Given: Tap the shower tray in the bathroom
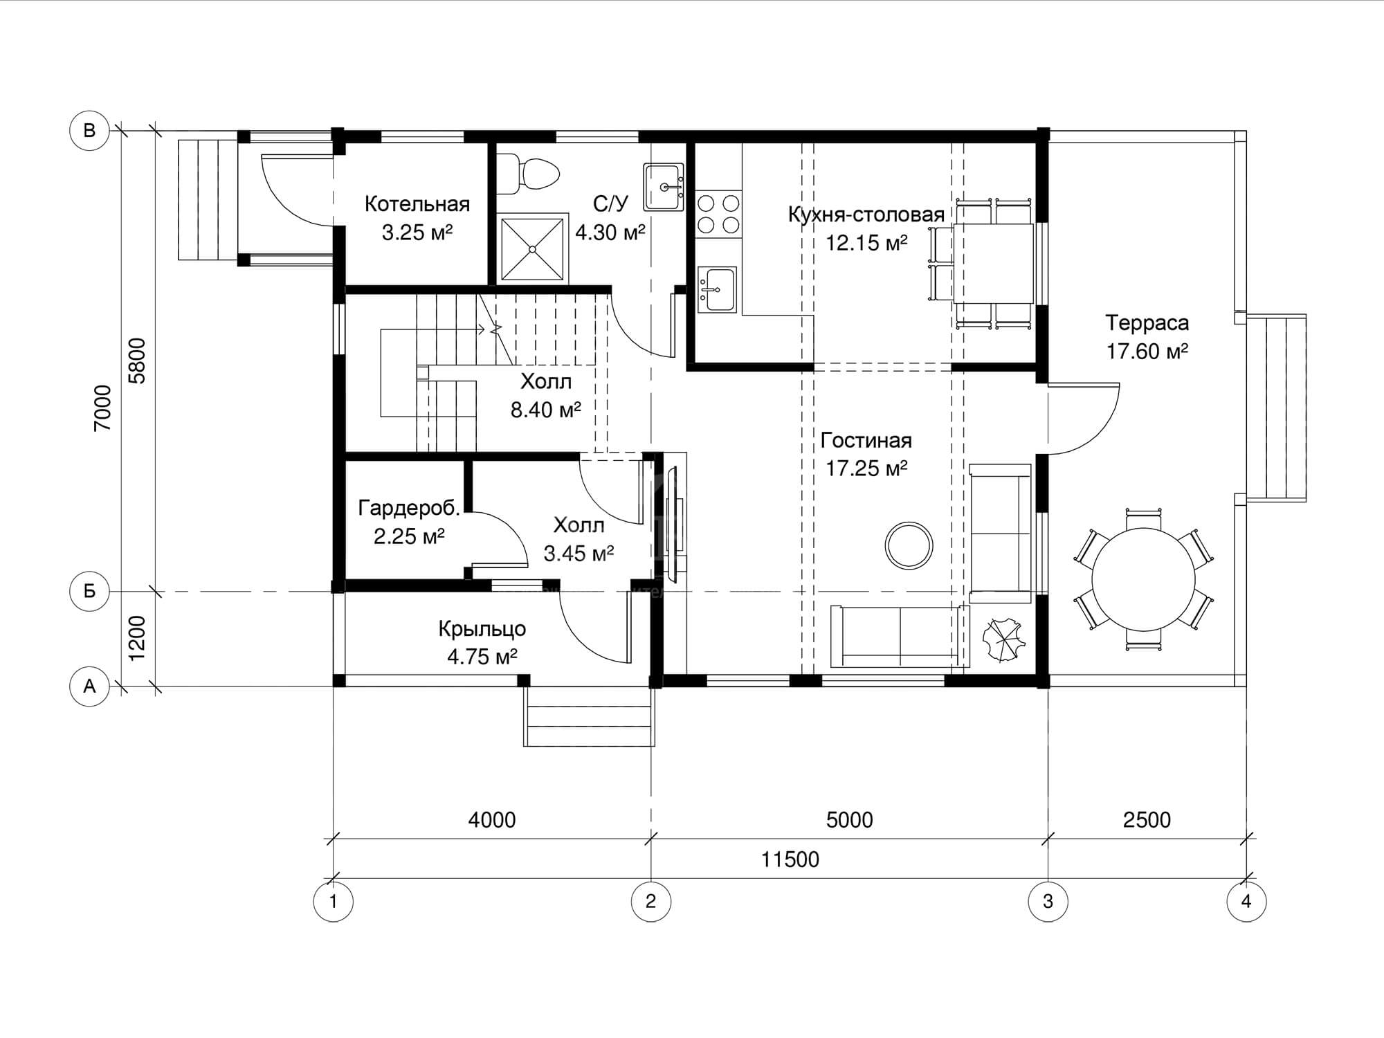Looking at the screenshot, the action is click(531, 248).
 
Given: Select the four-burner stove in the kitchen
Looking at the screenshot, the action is click(718, 214).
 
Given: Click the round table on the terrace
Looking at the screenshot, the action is click(1143, 579).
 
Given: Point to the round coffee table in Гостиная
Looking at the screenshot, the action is click(909, 545).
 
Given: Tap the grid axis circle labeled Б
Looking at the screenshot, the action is click(89, 592).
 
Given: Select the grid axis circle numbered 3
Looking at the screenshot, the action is click(1048, 902).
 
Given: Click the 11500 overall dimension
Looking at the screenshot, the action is click(790, 859).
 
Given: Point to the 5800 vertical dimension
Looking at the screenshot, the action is click(138, 361).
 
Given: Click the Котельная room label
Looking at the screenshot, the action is click(417, 204).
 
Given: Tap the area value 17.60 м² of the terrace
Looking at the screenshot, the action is click(1147, 352).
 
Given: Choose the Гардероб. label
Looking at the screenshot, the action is click(409, 509).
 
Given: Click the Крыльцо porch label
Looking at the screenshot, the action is click(482, 629).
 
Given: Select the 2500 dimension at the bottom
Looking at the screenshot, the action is click(1147, 820).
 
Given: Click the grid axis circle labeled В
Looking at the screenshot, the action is click(89, 130).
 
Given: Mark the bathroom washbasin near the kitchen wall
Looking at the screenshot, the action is click(664, 187).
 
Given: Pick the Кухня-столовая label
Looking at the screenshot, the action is click(866, 215).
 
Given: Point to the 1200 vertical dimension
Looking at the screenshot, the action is click(138, 638).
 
